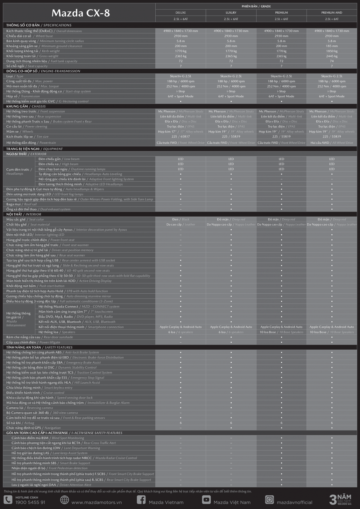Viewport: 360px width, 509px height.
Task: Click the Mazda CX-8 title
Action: click(81, 13)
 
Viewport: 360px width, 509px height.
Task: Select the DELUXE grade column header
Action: click(181, 13)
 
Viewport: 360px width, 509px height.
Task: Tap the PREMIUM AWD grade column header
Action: click(332, 13)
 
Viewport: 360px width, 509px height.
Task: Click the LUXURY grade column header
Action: click(231, 13)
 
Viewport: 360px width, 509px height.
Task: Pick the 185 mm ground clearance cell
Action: click(332, 46)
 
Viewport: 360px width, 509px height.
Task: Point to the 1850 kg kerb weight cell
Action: click(332, 51)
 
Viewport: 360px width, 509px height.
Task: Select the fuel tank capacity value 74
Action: click(332, 61)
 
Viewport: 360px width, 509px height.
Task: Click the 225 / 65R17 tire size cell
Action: click(181, 136)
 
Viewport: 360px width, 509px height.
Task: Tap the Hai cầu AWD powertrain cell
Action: click(332, 143)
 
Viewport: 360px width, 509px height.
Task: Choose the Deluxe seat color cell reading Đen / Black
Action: click(181, 220)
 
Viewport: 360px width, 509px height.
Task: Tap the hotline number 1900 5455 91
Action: click(30, 502)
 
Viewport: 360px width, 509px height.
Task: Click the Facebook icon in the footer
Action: click(141, 500)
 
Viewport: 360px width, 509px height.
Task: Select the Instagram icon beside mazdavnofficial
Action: click(269, 500)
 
